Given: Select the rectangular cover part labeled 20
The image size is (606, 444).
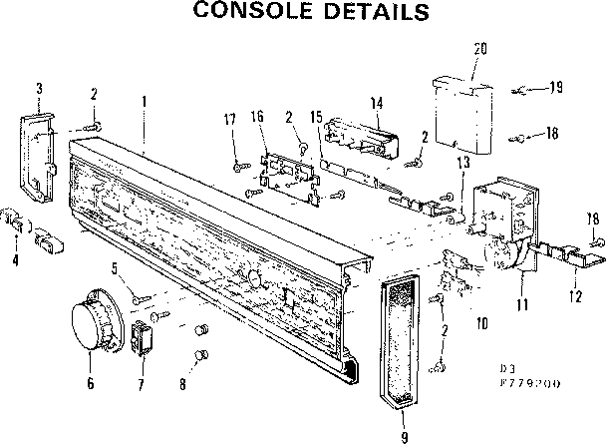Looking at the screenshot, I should click(465, 113).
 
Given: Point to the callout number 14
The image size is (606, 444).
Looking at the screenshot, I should click(377, 103).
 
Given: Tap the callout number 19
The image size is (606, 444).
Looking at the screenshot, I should click(555, 88).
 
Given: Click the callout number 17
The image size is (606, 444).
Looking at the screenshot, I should click(230, 121).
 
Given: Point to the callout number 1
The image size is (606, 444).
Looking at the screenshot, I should click(145, 100).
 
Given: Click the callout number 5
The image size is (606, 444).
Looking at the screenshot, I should click(116, 267).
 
